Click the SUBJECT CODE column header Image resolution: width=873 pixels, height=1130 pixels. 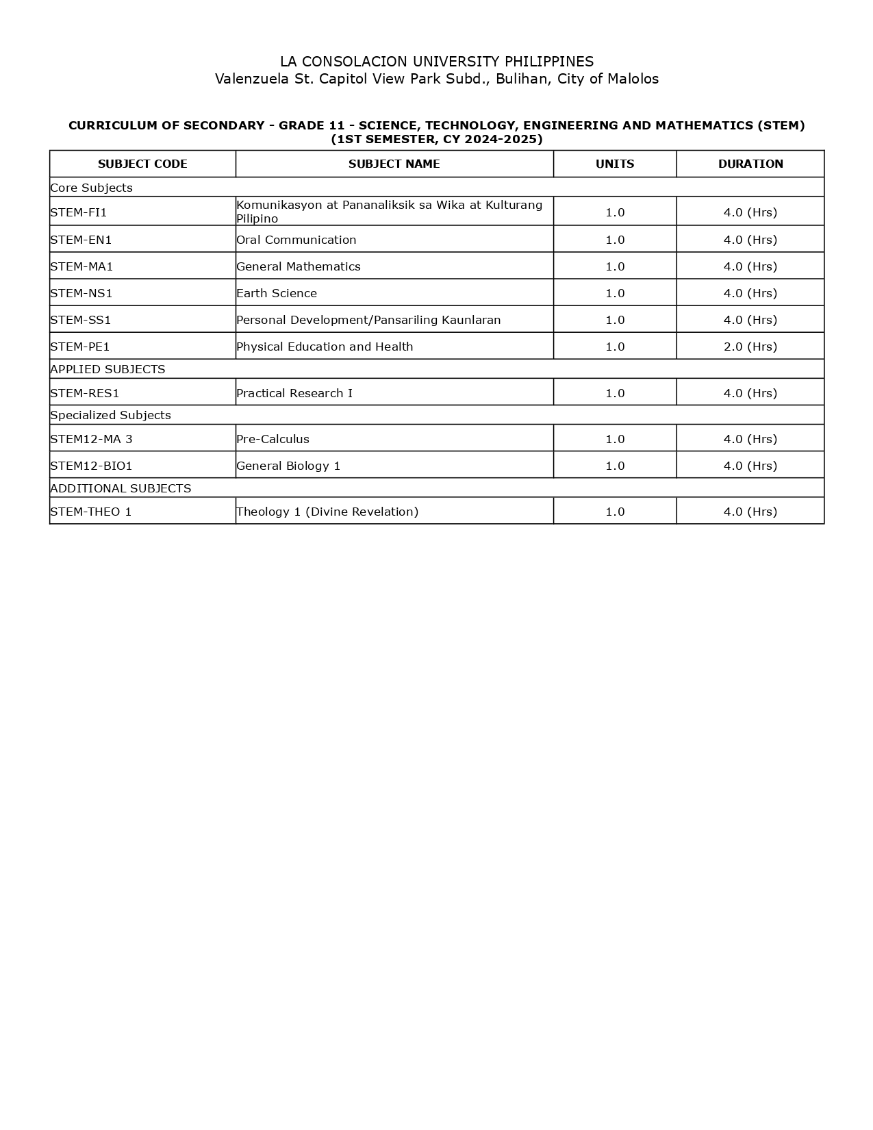[142, 164]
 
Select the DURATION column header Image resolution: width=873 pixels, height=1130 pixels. [750, 164]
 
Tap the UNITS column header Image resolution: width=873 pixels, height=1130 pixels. [615, 164]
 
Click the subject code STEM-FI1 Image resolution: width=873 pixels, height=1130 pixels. [79, 212]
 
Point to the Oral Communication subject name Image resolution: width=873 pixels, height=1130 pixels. [296, 240]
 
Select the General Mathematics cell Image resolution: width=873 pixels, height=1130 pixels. [299, 266]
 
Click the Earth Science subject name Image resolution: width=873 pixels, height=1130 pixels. [277, 293]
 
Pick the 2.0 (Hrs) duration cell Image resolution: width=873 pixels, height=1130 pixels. [750, 347]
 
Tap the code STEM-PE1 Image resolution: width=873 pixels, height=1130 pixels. [80, 347]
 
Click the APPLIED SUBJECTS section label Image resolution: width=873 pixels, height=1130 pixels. [107, 369]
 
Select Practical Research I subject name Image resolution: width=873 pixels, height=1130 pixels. [294, 393]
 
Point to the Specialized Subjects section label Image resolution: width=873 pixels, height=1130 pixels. [110, 415]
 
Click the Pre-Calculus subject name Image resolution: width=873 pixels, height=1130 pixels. [273, 439]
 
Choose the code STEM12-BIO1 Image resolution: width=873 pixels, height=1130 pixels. [91, 466]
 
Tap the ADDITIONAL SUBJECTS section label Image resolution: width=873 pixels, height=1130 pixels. [121, 488]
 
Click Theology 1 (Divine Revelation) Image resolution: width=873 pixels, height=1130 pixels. [327, 512]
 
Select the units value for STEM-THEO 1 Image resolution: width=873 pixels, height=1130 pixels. [615, 512]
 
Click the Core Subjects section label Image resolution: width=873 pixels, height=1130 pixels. [91, 188]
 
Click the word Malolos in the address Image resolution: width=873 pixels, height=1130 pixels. [633, 79]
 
